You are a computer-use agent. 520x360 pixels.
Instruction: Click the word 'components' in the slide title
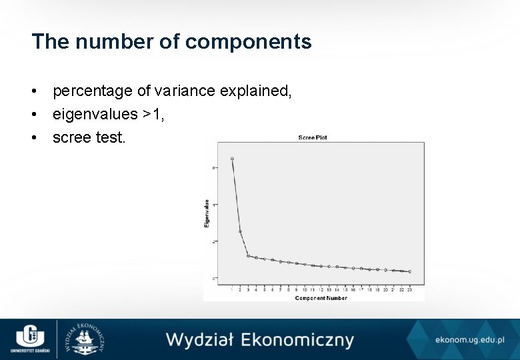click(x=248, y=42)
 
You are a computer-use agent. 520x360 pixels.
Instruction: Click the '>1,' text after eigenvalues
click(x=153, y=115)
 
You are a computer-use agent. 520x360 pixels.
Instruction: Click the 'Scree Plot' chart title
click(x=313, y=138)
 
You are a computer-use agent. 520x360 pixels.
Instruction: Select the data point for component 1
click(x=232, y=159)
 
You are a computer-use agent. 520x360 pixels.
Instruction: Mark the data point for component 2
click(x=240, y=231)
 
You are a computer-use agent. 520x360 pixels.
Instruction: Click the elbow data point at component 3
click(x=248, y=255)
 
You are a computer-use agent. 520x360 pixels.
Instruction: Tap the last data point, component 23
click(x=409, y=271)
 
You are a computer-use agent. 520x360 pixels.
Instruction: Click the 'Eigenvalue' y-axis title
click(x=207, y=213)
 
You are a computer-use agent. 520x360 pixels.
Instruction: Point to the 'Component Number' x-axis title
click(x=321, y=298)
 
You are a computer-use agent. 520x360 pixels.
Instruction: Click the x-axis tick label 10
click(x=305, y=290)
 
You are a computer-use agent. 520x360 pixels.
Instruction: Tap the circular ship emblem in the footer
click(x=84, y=339)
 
